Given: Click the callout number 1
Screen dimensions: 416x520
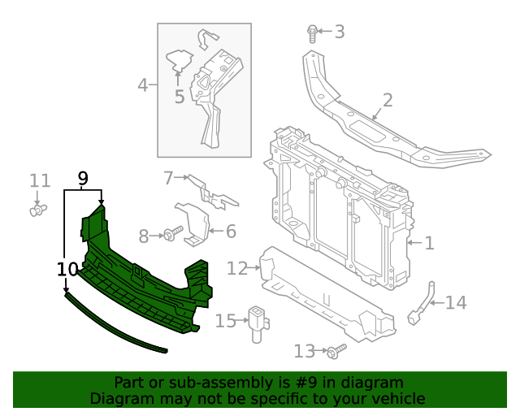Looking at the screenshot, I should pos(429,242).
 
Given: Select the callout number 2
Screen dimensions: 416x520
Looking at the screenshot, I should pos(387,101).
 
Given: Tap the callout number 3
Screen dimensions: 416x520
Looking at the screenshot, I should pos(339,32).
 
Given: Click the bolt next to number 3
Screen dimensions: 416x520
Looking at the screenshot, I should pos(313,32).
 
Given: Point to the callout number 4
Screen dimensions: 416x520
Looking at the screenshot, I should pos(142,84).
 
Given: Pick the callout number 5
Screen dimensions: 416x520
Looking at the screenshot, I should pos(231,232).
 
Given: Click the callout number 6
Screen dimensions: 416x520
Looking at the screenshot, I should pos(168,177).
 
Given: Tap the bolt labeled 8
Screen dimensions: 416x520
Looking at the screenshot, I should pos(82,177).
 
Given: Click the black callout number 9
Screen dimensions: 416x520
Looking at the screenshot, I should pos(67,269).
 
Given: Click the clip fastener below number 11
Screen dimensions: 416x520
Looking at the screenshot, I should pos(236,268).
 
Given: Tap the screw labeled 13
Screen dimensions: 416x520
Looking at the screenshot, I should pos(455,303).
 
